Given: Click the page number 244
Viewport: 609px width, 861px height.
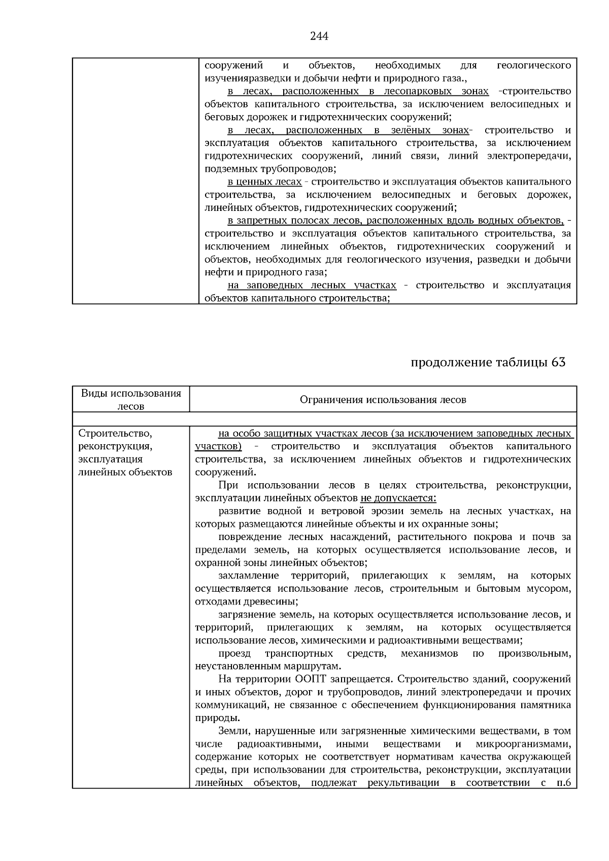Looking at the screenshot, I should click(x=319, y=36).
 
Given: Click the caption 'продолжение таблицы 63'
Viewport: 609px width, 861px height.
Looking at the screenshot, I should click(x=487, y=362).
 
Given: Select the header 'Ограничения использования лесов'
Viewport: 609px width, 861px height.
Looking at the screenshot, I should click(x=383, y=400).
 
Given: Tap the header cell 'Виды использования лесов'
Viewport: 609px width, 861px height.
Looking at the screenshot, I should click(x=131, y=400).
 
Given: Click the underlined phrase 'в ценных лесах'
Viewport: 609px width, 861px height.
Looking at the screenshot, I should click(x=264, y=182).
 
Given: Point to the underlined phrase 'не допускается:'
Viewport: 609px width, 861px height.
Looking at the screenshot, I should click(x=398, y=498).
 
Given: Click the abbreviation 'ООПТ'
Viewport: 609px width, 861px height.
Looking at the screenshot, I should click(x=307, y=679).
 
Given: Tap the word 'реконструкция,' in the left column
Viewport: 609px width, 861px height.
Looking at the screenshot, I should click(x=115, y=446).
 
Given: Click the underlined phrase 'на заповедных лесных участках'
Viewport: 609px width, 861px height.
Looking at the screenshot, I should click(x=312, y=285).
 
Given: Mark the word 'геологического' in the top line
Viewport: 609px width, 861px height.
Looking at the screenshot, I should click(x=533, y=65).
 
